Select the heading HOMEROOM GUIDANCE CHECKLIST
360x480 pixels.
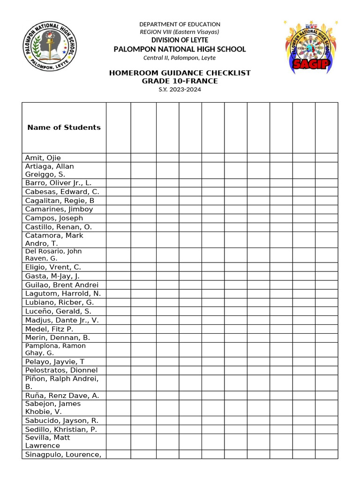tap(180, 73)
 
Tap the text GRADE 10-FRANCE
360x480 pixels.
tap(180, 81)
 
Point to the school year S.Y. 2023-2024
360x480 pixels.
tap(180, 90)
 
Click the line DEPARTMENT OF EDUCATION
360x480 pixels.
tap(180, 24)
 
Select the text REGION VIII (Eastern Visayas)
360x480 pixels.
tap(180, 32)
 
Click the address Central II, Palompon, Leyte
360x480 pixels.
tap(180, 58)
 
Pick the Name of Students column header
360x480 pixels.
tap(64, 127)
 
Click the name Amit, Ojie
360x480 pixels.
tap(43, 158)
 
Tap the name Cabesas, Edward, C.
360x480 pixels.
tap(62, 192)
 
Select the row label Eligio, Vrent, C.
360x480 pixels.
tap(53, 267)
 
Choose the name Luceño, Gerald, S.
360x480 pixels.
tap(58, 311)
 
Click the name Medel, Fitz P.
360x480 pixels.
tap(49, 329)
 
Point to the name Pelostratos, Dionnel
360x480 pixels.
tap(61, 370)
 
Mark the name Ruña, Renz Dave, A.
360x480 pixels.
tap(62, 396)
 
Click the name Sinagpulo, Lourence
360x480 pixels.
tap(63, 454)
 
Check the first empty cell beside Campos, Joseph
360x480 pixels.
tap(118, 218)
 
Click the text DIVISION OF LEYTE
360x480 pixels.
tap(180, 40)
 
